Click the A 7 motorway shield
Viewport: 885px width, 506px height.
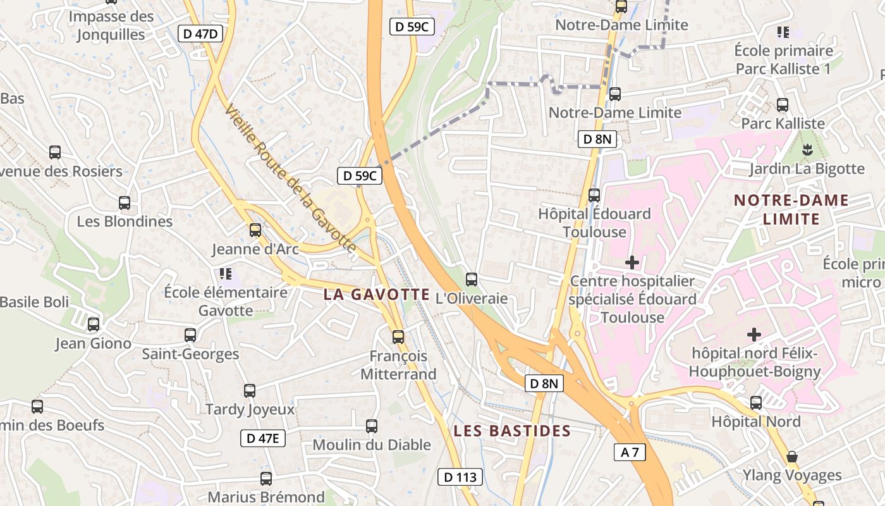[x=630, y=452]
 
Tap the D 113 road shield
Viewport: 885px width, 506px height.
[x=460, y=477]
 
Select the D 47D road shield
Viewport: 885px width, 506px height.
[x=201, y=34]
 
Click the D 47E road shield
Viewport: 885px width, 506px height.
[x=263, y=438]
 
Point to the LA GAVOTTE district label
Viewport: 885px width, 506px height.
[x=377, y=295]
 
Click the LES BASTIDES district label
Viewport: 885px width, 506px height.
[x=512, y=431]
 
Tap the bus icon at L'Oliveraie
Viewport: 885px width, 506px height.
[x=472, y=279]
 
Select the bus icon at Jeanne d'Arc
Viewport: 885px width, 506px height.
[x=255, y=230]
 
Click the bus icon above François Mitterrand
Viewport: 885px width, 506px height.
[x=398, y=336]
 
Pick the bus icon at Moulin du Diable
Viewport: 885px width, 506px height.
[x=372, y=426]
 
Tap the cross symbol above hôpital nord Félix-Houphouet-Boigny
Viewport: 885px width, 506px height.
[x=754, y=334]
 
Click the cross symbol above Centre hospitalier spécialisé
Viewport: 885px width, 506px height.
[x=632, y=262]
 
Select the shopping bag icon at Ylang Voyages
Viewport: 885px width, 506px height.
[x=791, y=457]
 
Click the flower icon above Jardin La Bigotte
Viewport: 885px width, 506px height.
[x=807, y=150]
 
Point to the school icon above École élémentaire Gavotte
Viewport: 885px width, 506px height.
[x=226, y=274]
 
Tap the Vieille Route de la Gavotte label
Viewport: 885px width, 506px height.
[x=291, y=179]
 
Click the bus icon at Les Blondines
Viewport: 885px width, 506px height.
[x=125, y=203]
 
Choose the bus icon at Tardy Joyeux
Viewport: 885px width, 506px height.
[x=250, y=391]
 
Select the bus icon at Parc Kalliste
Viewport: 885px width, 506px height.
[x=783, y=105]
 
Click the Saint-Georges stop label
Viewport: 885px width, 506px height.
[x=190, y=354]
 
